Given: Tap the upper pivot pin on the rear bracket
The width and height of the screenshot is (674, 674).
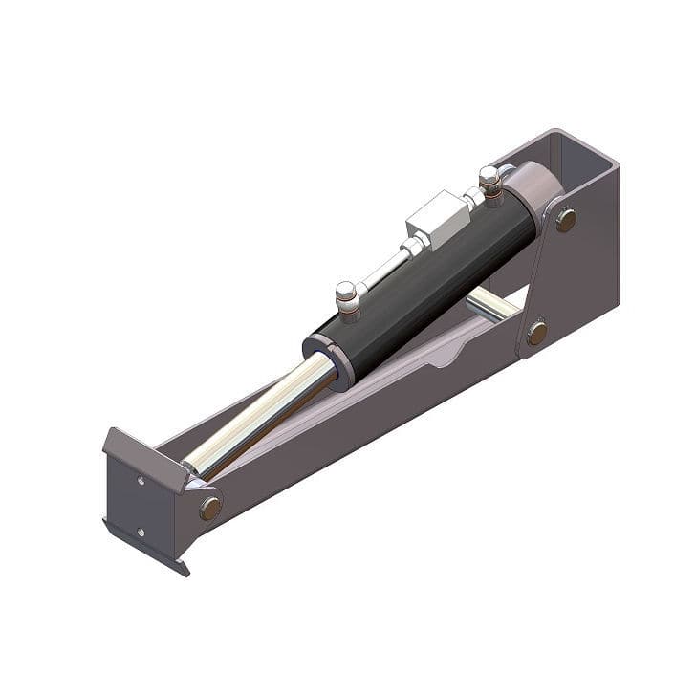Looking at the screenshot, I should click(566, 220).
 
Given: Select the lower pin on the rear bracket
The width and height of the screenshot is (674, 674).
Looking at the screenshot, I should click(537, 333).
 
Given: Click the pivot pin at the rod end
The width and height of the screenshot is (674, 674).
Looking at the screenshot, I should click(210, 508).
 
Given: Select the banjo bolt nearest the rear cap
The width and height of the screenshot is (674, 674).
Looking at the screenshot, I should click(489, 182).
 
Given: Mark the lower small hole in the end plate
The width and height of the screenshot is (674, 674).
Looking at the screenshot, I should click(141, 533).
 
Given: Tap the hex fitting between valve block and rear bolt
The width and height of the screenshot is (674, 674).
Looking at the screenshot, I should click(471, 199).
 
